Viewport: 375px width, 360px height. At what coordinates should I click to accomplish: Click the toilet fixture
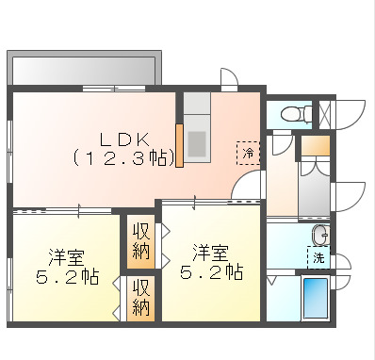[293, 113]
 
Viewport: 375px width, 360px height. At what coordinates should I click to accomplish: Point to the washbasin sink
[318, 234]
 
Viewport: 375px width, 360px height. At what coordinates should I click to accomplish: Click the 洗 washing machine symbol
[318, 256]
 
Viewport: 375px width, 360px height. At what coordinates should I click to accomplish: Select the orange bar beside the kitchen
[178, 145]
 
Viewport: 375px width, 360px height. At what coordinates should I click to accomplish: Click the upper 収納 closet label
[140, 241]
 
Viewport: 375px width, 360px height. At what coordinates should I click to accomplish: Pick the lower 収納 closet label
[140, 298]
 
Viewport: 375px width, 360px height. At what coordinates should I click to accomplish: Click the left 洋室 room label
[67, 254]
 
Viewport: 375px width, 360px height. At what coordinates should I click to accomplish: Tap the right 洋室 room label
[211, 253]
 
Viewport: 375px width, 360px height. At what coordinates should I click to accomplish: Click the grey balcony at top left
[83, 69]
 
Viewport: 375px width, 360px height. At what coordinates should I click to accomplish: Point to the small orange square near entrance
[316, 147]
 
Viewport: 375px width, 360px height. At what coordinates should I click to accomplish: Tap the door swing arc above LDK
[228, 77]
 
